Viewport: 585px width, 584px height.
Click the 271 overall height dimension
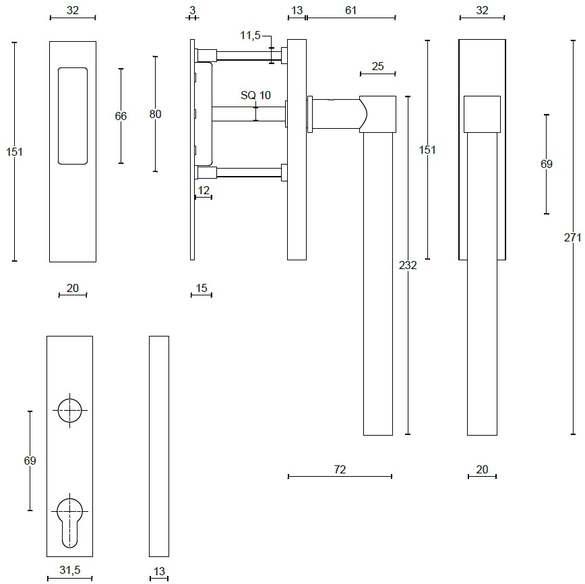click(x=573, y=237)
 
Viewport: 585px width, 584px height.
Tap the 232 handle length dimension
click(x=408, y=265)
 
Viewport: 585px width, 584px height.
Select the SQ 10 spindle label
click(x=255, y=95)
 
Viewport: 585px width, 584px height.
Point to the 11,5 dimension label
click(x=250, y=36)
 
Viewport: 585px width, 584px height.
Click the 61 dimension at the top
click(x=350, y=11)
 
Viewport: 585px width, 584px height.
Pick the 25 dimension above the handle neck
click(x=377, y=67)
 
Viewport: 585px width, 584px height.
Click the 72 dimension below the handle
click(x=340, y=469)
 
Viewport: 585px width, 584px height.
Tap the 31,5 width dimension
click(x=70, y=570)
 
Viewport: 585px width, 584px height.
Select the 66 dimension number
click(x=121, y=116)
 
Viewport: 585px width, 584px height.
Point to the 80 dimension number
click(x=155, y=114)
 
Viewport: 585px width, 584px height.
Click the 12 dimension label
click(x=204, y=190)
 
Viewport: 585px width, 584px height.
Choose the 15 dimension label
click(x=202, y=288)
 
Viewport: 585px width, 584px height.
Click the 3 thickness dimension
click(x=193, y=11)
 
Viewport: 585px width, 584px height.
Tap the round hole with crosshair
click(x=70, y=411)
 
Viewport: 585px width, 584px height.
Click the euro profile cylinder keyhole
click(x=70, y=523)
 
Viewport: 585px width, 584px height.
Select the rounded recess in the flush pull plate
click(x=73, y=116)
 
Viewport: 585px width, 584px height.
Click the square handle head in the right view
click(x=482, y=114)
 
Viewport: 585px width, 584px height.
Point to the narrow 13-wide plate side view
click(x=159, y=446)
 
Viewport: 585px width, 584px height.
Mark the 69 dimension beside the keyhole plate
click(x=30, y=461)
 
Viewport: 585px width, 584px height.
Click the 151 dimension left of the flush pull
click(x=14, y=152)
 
